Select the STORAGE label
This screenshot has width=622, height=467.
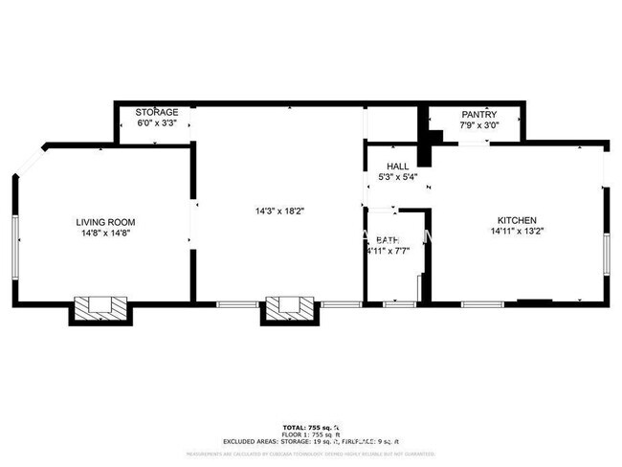click(156, 112)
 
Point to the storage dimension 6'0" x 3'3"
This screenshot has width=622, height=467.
click(156, 122)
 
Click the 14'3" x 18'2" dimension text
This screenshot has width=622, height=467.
click(278, 211)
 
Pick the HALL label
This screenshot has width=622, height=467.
click(397, 166)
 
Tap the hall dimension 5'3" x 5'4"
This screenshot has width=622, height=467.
click(397, 176)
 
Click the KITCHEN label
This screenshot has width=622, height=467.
click(517, 220)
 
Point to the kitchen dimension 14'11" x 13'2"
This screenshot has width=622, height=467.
click(517, 231)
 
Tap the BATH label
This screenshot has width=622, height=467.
click(387, 240)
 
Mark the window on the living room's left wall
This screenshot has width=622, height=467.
click(15, 247)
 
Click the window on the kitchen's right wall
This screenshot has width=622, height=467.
click(605, 256)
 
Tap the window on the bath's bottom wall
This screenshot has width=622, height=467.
click(399, 304)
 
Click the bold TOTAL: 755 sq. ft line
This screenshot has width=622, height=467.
click(312, 427)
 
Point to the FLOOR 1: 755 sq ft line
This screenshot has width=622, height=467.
click(312, 434)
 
